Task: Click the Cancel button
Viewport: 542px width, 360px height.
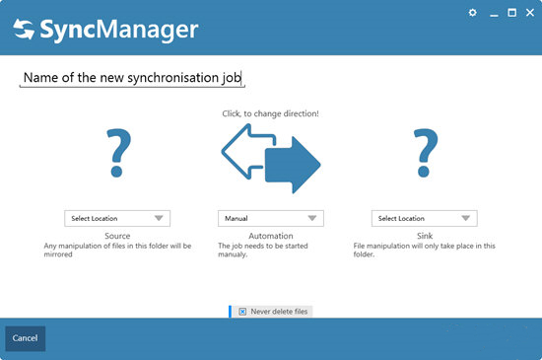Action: [x=25, y=338]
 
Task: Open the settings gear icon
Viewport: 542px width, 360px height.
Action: [x=472, y=13]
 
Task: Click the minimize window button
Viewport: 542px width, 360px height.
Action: [x=492, y=13]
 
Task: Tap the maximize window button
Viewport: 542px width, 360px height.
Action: [x=511, y=13]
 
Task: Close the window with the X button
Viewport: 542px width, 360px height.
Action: [x=530, y=13]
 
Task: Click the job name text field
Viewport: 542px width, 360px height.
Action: [x=132, y=77]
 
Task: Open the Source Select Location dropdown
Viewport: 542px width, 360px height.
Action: [x=117, y=218]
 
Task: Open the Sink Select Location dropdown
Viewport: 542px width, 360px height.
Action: [x=425, y=218]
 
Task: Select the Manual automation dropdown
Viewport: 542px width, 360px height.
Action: [x=270, y=218]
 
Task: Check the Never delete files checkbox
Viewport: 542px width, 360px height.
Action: [x=242, y=312]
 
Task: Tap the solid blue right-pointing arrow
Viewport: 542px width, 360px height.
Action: [x=296, y=163]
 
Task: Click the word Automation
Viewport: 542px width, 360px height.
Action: [x=270, y=236]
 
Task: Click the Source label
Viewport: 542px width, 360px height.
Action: [x=117, y=236]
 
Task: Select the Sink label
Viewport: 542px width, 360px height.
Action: [x=425, y=236]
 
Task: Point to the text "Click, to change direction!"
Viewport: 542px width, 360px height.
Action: [x=270, y=113]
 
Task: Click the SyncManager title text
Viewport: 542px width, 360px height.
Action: [x=119, y=31]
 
